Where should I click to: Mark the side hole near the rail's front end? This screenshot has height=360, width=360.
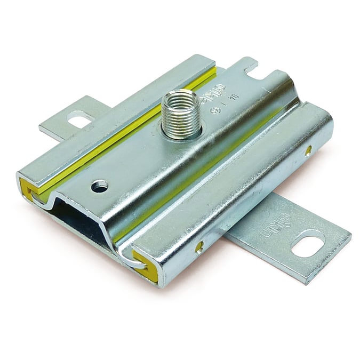coord(199,246)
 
